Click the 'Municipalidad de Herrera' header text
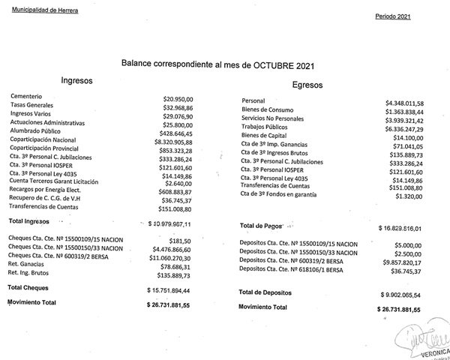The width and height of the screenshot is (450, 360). point(44,9)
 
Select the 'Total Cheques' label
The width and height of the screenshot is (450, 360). point(28,287)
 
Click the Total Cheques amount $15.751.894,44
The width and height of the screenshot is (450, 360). point(174,289)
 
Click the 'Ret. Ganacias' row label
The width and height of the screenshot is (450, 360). point(27,265)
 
